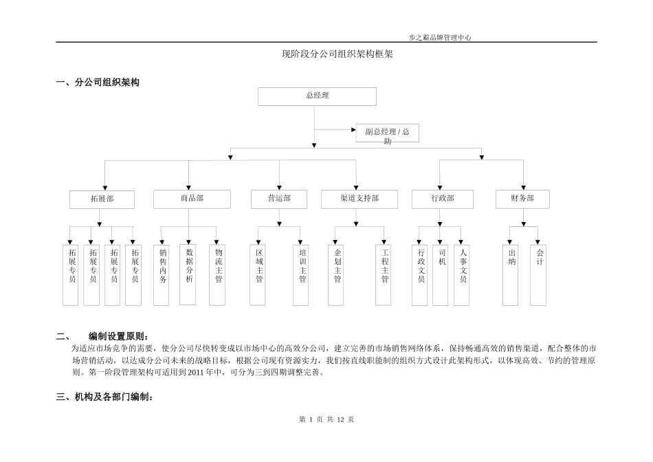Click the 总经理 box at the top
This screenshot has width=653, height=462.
coord(317,96)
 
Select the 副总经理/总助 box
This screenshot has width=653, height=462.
coord(387,133)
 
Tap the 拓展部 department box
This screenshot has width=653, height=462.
coord(102,199)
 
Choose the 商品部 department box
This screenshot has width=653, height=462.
coord(192,199)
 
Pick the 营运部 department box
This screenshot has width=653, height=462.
coord(279,199)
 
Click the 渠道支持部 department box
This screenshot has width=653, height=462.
coord(359,199)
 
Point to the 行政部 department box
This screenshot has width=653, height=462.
coord(443,199)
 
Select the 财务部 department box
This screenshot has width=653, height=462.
coord(522,199)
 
